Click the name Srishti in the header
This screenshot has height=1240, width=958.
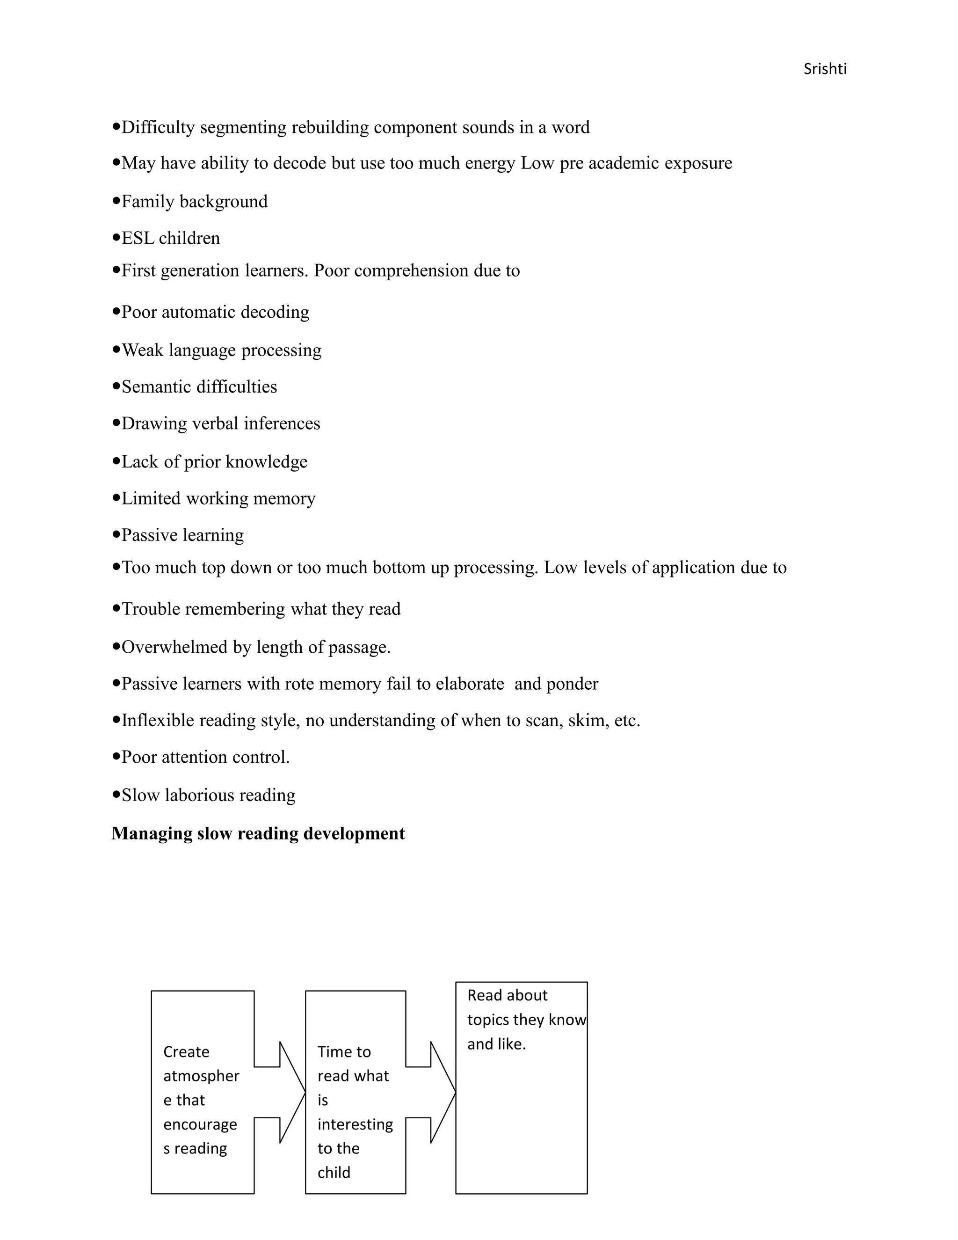(x=825, y=69)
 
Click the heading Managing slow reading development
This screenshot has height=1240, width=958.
(x=258, y=833)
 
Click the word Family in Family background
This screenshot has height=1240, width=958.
(x=148, y=202)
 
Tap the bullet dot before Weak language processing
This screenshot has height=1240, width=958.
(x=116, y=349)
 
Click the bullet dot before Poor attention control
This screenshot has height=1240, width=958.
(x=116, y=756)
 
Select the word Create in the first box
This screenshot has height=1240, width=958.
(x=186, y=1052)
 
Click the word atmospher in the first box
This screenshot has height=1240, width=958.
(x=201, y=1076)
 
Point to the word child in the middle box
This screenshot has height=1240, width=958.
(x=334, y=1173)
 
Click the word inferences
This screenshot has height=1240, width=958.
(x=282, y=423)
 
